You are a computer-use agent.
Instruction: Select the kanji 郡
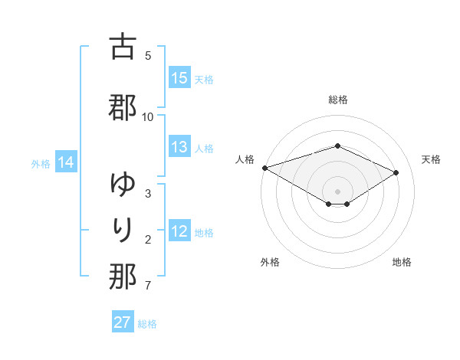[x=123, y=108]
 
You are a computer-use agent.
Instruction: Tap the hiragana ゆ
[x=123, y=185]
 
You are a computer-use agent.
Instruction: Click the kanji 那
[x=123, y=277]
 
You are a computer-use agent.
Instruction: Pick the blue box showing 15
[x=179, y=78]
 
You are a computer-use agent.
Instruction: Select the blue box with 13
[x=179, y=147]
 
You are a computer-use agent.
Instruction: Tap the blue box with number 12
[x=179, y=231]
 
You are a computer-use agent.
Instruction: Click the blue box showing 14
[x=66, y=162]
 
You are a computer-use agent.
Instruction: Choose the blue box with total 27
[x=123, y=322]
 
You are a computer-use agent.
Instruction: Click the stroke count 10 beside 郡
[x=148, y=116]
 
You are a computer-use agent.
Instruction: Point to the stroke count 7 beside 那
[x=148, y=286]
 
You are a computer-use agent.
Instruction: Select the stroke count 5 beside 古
[x=148, y=55]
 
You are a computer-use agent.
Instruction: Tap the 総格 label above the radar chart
[x=338, y=100]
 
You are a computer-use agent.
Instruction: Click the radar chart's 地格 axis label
[x=402, y=262]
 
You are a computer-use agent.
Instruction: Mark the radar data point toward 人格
[x=264, y=168]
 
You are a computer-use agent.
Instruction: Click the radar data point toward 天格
[x=396, y=172]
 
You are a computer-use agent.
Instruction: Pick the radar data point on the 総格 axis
[x=338, y=146]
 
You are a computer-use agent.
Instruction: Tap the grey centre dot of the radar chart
[x=338, y=191]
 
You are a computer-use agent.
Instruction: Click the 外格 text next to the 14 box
[x=41, y=163]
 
